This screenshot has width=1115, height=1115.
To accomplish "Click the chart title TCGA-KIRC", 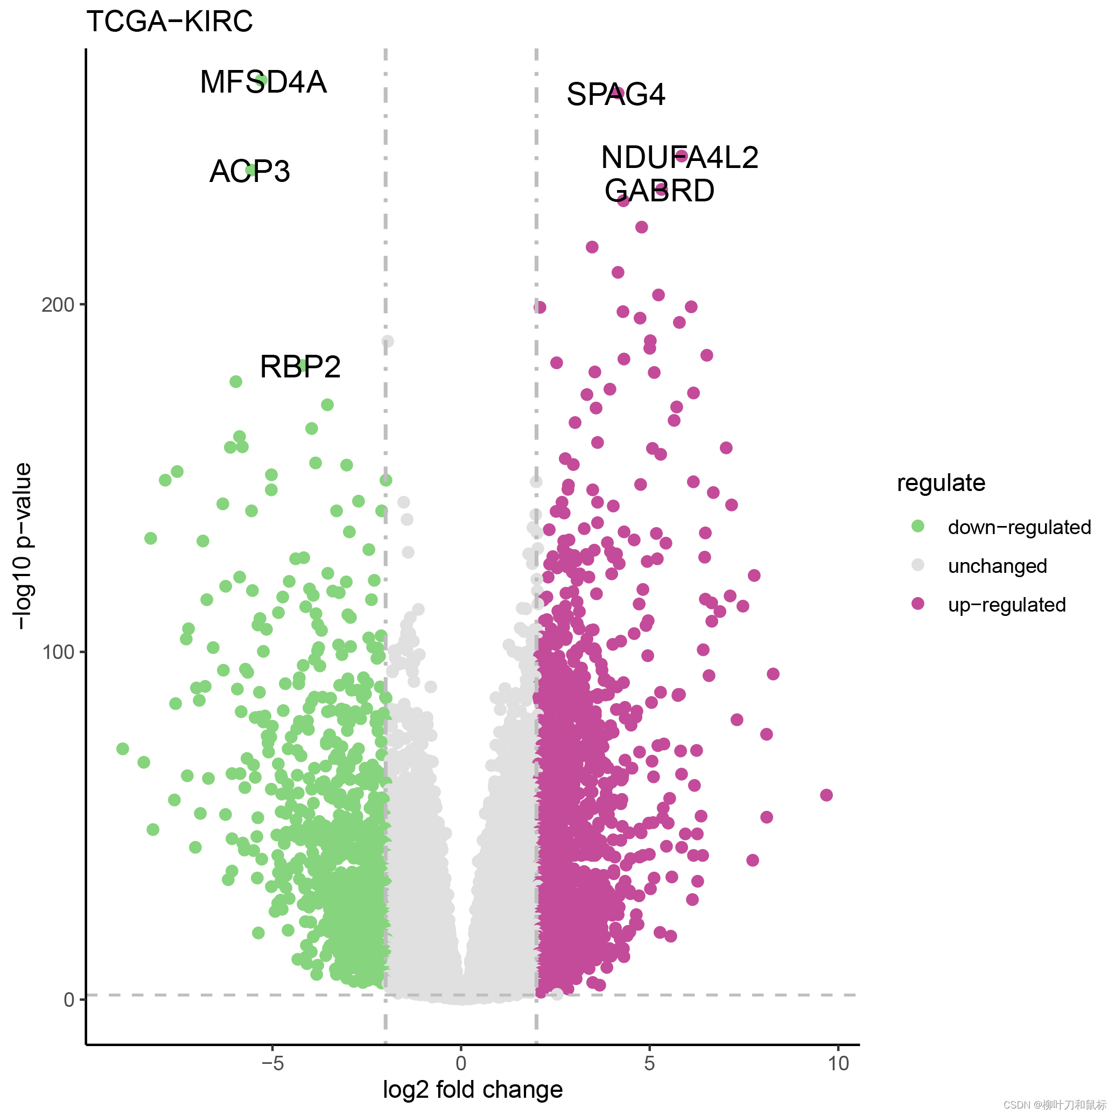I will point(169,22).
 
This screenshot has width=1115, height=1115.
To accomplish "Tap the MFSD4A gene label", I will point(263,82).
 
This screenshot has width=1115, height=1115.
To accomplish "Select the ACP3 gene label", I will point(249,171).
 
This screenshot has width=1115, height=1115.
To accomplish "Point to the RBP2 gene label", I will point(300,367).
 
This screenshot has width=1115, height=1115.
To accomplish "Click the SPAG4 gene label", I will point(615,94).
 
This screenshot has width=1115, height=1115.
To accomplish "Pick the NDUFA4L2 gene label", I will point(679,157).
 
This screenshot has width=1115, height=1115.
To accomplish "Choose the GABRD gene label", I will point(659,191).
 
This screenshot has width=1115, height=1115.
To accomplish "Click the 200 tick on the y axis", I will point(58,305).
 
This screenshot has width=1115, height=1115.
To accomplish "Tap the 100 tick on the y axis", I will point(58,652).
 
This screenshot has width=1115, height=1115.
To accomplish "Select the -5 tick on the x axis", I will point(272,1063).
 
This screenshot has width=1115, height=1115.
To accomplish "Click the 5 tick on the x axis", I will point(649,1063).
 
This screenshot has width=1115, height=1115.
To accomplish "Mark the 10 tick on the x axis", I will point(838,1063).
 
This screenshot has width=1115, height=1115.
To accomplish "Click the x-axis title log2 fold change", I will point(473,1090).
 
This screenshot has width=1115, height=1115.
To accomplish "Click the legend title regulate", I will point(941,483).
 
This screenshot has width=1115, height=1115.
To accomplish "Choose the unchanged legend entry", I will point(997,566).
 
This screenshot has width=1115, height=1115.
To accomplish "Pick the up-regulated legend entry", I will point(1006,605).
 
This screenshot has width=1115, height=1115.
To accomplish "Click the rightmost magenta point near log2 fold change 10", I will point(826,795).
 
